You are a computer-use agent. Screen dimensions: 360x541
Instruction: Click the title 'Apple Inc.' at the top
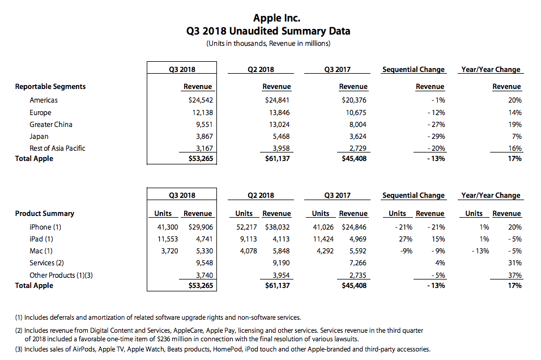(277, 19)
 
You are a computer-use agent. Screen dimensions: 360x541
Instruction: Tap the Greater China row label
(51, 124)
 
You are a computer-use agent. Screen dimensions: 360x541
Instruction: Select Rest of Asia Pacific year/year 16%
(514, 148)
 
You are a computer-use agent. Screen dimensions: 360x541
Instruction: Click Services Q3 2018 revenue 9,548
(202, 263)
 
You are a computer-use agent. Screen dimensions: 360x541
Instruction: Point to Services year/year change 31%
(514, 263)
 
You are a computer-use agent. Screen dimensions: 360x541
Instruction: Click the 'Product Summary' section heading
(45, 214)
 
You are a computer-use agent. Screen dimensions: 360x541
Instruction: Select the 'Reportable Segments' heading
(50, 87)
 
